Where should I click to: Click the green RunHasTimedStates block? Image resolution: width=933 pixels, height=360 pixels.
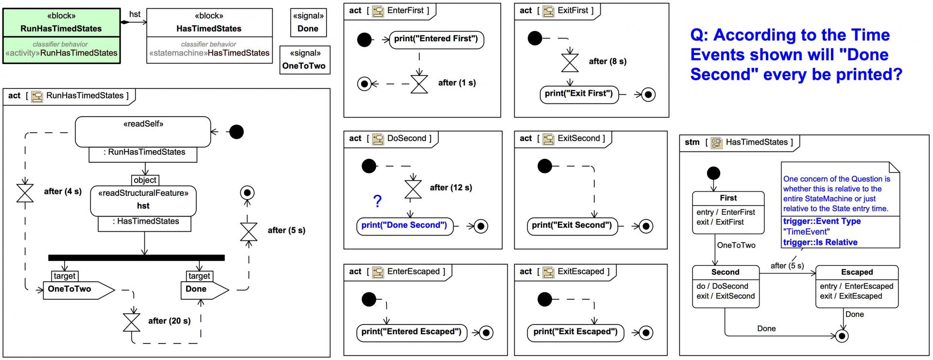point(61,36)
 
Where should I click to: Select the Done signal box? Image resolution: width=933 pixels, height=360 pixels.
point(308,22)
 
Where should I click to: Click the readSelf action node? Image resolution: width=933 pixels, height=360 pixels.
point(143,132)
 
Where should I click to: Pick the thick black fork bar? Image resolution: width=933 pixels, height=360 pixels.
point(137,257)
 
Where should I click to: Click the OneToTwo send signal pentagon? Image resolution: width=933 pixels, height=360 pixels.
point(78,290)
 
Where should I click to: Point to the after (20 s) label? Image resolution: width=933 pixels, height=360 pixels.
point(169,321)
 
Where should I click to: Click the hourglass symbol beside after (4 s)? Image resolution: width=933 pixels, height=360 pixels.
point(25,192)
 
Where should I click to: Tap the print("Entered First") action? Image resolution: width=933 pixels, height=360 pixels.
point(436,39)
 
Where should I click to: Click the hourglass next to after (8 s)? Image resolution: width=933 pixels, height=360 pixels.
point(570,62)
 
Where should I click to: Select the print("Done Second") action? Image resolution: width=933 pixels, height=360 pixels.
point(404,226)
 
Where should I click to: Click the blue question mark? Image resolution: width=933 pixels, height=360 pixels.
point(378,201)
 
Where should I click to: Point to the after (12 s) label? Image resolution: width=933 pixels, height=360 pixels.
point(451,188)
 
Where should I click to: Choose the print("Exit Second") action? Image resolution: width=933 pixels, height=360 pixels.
point(572,226)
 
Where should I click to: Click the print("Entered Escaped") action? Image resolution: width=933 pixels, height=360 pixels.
point(412,332)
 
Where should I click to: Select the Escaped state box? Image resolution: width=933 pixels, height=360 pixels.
point(857,286)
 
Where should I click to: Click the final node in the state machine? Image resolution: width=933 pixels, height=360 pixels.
point(842,336)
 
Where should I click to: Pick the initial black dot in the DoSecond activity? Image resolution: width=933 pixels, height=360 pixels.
point(369,167)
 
